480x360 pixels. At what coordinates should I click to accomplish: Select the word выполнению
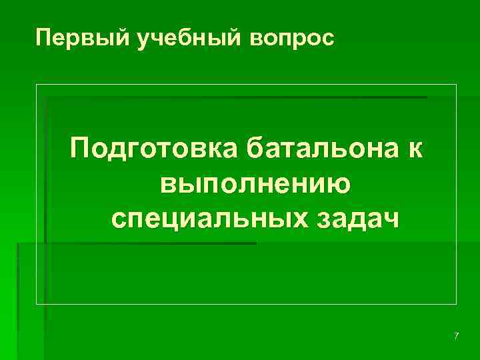coord(256,183)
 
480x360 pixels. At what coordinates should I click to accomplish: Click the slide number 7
coord(456,336)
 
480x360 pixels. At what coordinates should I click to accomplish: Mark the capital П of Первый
coord(44,39)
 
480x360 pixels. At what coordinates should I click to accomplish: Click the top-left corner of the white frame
coord(36,85)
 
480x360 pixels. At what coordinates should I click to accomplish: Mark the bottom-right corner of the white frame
coord(457,304)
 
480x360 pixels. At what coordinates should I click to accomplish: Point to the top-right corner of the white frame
coord(457,85)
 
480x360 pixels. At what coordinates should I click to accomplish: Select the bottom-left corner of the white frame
coord(36,304)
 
